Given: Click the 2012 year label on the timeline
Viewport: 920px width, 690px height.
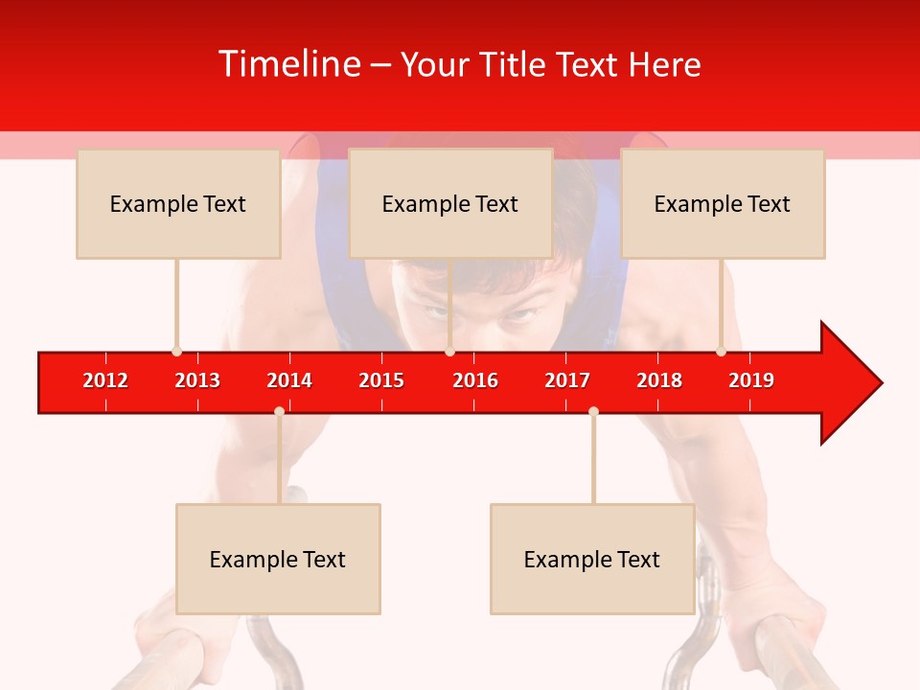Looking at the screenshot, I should click(x=105, y=380).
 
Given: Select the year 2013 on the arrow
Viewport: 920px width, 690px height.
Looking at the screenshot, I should click(x=197, y=380).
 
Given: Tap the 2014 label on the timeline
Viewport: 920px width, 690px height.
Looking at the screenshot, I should click(x=289, y=380).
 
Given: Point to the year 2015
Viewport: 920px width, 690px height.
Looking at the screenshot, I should click(x=381, y=380).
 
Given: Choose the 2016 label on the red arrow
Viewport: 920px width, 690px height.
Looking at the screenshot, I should click(x=475, y=380).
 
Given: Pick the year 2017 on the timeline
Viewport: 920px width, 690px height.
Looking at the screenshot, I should click(x=567, y=380).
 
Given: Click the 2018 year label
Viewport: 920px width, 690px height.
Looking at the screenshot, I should click(x=659, y=380).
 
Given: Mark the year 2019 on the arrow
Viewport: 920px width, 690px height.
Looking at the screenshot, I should click(x=751, y=380).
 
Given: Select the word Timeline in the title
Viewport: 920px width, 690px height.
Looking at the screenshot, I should click(x=290, y=64).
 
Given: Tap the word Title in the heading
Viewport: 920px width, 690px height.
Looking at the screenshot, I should click(x=515, y=64).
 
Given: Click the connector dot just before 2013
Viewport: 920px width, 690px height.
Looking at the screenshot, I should click(x=176, y=352).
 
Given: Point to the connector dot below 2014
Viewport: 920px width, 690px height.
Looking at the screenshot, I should click(x=279, y=411).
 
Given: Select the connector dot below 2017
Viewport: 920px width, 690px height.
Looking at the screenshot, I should click(x=593, y=411).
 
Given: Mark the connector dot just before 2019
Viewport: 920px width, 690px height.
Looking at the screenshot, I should click(x=721, y=352).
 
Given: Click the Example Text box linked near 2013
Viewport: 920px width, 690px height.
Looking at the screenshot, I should click(x=178, y=203).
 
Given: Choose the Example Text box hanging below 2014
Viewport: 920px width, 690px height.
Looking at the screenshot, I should click(x=278, y=559).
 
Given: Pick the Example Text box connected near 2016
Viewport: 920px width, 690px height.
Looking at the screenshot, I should click(x=450, y=203).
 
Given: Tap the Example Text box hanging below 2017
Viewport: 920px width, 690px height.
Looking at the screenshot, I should click(x=592, y=559).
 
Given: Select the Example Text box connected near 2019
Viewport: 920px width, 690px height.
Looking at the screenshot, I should click(x=723, y=203).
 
